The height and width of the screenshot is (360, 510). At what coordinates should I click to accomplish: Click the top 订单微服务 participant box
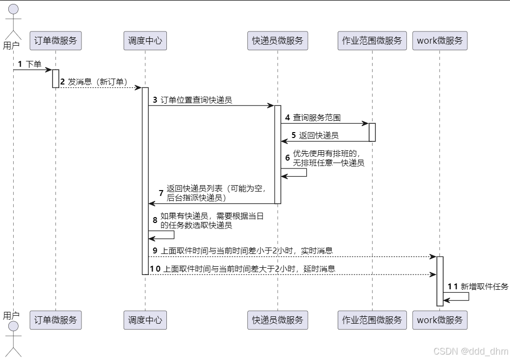point(55,41)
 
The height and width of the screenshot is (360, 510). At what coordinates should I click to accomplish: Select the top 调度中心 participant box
point(145,41)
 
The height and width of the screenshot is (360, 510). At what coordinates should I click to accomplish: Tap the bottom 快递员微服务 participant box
point(278,320)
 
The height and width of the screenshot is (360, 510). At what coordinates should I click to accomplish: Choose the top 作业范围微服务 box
point(372,41)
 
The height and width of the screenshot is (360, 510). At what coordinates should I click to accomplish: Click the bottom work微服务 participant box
point(440,320)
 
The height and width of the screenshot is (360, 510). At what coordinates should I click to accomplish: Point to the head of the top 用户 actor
point(13,9)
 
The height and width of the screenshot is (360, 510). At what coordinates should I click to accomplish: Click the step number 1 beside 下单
point(20,64)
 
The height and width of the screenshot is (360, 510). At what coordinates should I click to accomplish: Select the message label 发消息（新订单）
point(98,82)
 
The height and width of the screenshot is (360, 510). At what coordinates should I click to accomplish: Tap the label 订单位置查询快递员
point(196,100)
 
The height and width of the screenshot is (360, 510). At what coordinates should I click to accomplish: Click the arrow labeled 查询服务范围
point(324,124)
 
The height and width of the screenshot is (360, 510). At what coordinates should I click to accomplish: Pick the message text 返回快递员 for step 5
point(319,135)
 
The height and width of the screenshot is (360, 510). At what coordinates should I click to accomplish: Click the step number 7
point(161,193)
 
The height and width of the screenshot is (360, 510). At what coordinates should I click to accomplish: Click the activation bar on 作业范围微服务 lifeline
point(372,132)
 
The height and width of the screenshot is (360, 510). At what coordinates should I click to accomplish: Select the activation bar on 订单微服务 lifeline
point(55,79)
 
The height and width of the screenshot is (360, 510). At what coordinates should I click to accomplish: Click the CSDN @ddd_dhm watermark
point(471,351)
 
